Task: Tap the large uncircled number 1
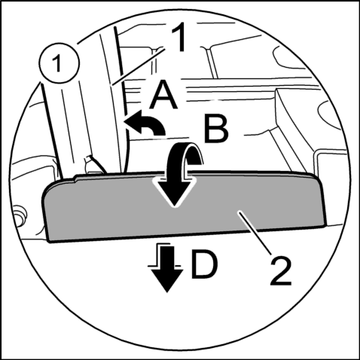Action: click(178, 37)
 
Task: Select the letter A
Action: click(163, 96)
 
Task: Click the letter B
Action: click(216, 129)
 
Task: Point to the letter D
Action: click(204, 264)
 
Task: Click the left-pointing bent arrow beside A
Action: click(145, 123)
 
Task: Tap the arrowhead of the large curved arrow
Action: click(175, 191)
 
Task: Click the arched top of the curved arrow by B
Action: click(185, 148)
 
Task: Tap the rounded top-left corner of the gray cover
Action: click(47, 191)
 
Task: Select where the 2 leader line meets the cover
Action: click(239, 212)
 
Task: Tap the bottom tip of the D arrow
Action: click(167, 292)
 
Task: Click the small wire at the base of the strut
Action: click(96, 164)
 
